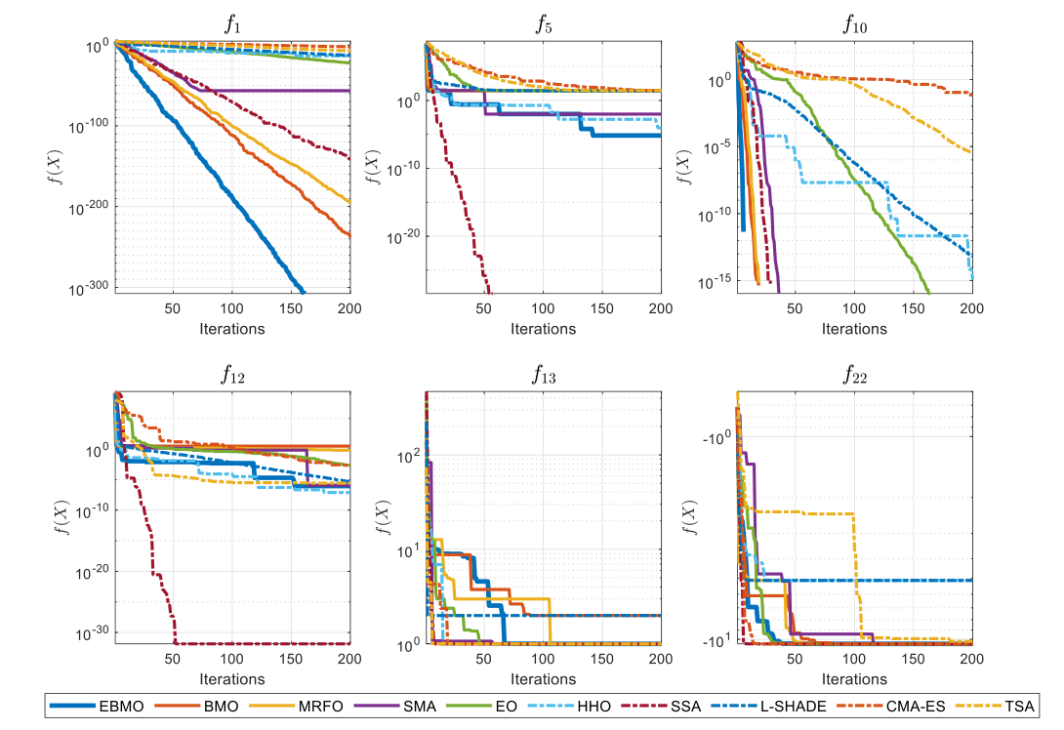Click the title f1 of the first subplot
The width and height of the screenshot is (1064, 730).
[x=232, y=24]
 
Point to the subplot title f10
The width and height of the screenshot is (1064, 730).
[x=855, y=24]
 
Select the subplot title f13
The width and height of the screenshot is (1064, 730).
[x=544, y=374]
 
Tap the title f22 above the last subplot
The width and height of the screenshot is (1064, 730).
[x=855, y=374]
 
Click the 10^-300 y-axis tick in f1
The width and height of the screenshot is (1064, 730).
[x=90, y=289]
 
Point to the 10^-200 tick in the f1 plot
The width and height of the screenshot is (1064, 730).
[x=90, y=207]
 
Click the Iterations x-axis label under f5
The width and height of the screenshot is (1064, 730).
[x=544, y=329]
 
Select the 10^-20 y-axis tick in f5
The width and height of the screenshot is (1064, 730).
[x=404, y=237]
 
